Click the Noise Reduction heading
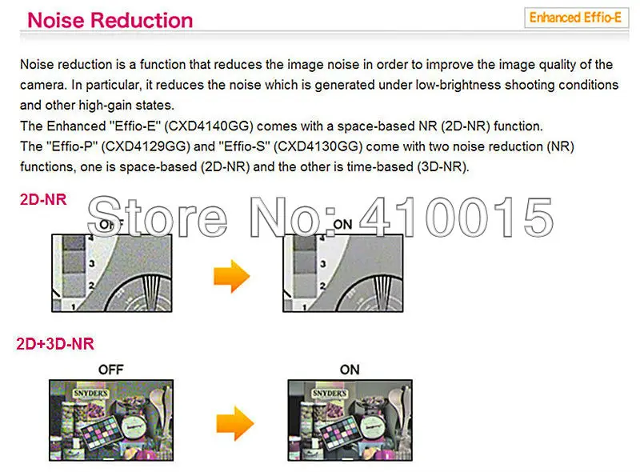[x=110, y=19]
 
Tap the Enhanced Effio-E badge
[x=576, y=18]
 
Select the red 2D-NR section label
[x=43, y=200]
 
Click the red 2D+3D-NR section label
[x=55, y=344]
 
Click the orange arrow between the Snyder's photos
[x=234, y=421]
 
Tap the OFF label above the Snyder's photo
[x=110, y=369]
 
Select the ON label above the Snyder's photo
[x=349, y=369]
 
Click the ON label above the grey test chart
[x=342, y=225]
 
